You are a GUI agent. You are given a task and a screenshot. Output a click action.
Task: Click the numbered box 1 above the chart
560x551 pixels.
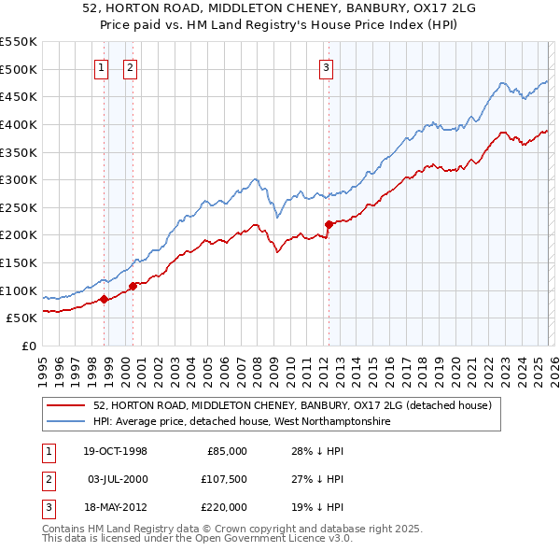point(101,66)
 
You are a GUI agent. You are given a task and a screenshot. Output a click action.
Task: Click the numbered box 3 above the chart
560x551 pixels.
point(326,66)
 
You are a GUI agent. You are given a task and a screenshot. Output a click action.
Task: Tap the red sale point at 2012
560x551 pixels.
point(329,224)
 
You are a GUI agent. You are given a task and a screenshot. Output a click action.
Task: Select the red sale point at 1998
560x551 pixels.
point(105,299)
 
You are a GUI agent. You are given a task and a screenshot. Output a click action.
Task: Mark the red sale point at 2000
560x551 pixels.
point(133,286)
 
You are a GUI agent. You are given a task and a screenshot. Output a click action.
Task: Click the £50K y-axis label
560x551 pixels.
point(22,318)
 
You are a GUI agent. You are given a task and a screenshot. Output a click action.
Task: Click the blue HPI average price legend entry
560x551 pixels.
point(241,422)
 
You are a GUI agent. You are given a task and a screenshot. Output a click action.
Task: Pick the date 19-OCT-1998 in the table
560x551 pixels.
point(115,451)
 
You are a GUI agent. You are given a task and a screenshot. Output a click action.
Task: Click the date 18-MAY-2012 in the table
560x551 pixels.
point(115,507)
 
